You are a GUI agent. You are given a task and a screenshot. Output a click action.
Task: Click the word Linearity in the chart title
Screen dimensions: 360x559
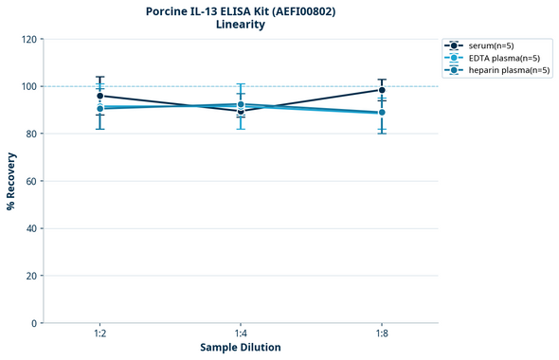pyautogui.click(x=241, y=25)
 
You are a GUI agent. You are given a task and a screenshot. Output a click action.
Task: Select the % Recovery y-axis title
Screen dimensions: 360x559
pyautogui.click(x=11, y=180)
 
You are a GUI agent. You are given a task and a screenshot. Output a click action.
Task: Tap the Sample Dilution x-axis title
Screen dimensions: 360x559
pyautogui.click(x=240, y=348)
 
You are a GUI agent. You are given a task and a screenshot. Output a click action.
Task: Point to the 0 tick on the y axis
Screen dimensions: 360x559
pyautogui.click(x=34, y=323)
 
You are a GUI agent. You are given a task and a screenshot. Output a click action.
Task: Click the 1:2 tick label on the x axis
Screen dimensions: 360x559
pyautogui.click(x=99, y=333)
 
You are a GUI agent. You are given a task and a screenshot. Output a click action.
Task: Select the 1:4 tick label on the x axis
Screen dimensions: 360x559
pyautogui.click(x=241, y=333)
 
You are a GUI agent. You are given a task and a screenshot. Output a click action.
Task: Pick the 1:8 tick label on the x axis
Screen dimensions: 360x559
pyautogui.click(x=382, y=333)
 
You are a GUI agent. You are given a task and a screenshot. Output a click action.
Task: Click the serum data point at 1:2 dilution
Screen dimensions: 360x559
pyautogui.click(x=99, y=96)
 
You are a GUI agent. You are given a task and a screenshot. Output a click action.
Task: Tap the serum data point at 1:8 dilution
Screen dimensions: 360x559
pyautogui.click(x=382, y=90)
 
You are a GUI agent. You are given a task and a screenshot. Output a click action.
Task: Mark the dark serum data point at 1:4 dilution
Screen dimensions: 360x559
pyautogui.click(x=241, y=112)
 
